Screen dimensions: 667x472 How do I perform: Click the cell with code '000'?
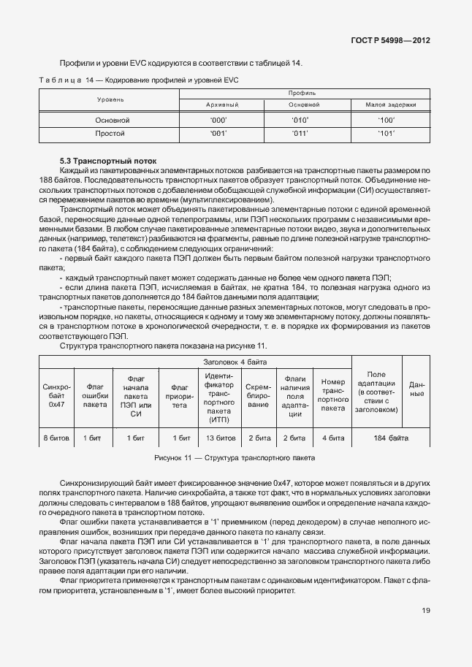pos(218,119)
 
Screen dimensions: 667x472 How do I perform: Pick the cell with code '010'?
pos(300,119)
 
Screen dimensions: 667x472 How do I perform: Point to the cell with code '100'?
pos(386,119)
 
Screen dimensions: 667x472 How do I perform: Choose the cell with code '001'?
pos(218,134)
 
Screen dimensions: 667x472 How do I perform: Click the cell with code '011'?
pos(300,134)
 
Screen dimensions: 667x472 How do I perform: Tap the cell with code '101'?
pos(386,134)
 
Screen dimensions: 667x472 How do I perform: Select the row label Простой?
pos(110,134)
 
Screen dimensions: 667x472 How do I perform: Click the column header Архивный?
pos(218,105)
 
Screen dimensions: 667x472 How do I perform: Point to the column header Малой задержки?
pos(386,105)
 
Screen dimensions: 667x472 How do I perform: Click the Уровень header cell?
pos(110,99)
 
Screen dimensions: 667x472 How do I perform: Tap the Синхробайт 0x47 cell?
pos(56,394)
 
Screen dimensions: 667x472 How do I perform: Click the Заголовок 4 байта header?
pos(235,362)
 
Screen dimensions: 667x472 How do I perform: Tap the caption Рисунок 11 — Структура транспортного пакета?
pos(235,458)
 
